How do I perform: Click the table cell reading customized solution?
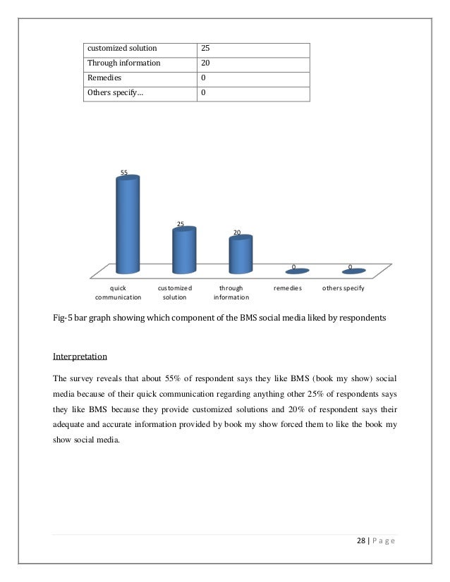pos(120,48)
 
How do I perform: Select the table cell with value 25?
pos(205,48)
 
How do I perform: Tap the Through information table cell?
pos(123,63)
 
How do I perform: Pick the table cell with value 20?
pos(205,63)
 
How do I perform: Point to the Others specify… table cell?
pos(114,92)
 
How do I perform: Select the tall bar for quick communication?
pos(128,225)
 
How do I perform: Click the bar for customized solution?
pos(183,251)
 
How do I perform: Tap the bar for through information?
pos(239,255)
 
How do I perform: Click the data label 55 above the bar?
pos(123,172)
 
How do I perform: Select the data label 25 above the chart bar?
pos(181,224)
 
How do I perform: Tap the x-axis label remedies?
pos(288,288)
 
